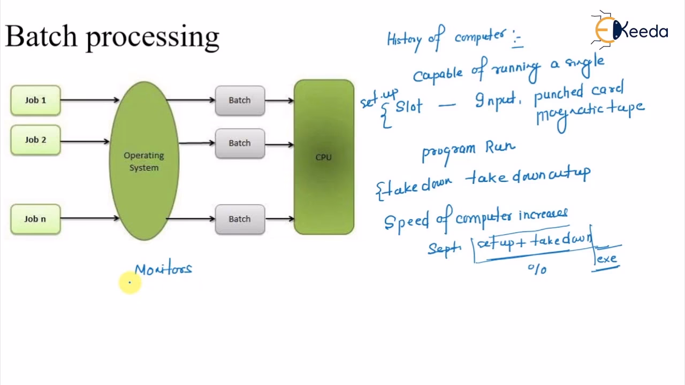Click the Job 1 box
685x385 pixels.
[x=35, y=101]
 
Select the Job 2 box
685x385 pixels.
[x=35, y=140]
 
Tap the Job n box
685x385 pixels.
[x=35, y=219]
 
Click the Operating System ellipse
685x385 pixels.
[x=144, y=161]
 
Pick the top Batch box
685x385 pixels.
[x=240, y=101]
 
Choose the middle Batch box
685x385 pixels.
[x=240, y=143]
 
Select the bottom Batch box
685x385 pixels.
[x=240, y=219]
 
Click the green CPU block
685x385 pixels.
[x=324, y=157]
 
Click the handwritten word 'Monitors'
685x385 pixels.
[x=163, y=269]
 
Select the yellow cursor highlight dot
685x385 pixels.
[x=130, y=283]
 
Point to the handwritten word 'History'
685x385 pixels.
[x=404, y=40]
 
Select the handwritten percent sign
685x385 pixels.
[x=537, y=269]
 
